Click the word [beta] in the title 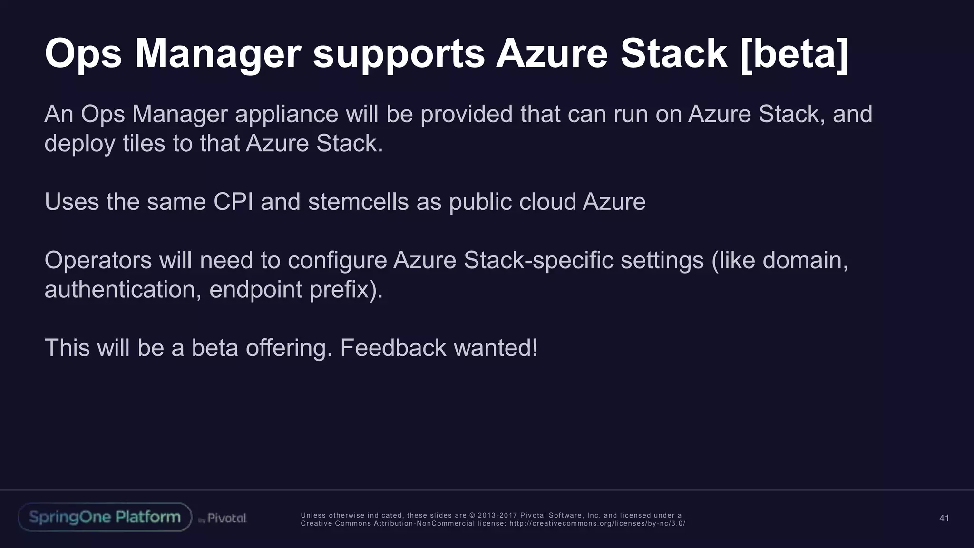pyautogui.click(x=794, y=54)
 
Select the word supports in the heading pyautogui.click(x=399, y=54)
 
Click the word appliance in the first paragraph pyautogui.click(x=286, y=114)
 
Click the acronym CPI pyautogui.click(x=233, y=202)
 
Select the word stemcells pyautogui.click(x=358, y=202)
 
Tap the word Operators pyautogui.click(x=98, y=260)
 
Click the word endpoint pyautogui.click(x=255, y=289)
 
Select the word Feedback pyautogui.click(x=393, y=348)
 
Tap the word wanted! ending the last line pyautogui.click(x=496, y=348)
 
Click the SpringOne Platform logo pyautogui.click(x=105, y=517)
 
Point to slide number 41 pyautogui.click(x=944, y=518)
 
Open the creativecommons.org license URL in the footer pyautogui.click(x=597, y=523)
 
